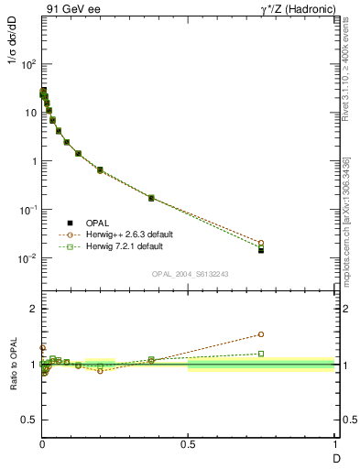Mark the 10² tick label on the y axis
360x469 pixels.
(27, 64)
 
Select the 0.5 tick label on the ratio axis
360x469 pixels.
(28, 420)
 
